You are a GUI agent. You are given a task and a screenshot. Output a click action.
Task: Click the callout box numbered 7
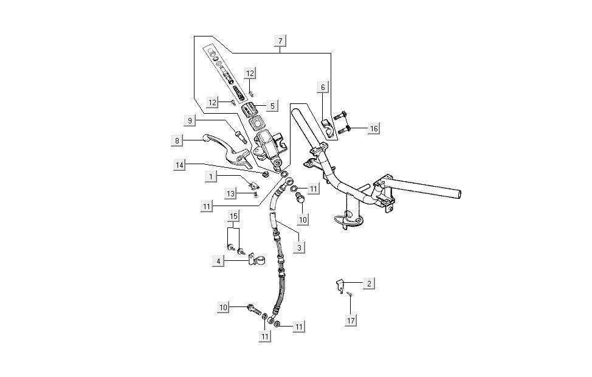pos(280,41)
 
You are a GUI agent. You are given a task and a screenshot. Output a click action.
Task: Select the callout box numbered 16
pos(373,129)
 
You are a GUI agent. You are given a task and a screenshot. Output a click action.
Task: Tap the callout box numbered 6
pos(323,88)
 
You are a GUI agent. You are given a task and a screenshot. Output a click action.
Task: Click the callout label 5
pos(272,106)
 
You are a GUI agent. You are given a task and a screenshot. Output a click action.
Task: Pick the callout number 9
pos(190,121)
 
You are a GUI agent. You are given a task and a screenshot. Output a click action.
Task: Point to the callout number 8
pos(177,140)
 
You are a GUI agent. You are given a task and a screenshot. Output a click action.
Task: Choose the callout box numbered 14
pos(179,165)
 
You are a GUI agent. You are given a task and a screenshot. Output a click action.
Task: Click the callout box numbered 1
pos(211,176)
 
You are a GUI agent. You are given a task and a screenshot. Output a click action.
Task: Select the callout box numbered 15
pos(233,216)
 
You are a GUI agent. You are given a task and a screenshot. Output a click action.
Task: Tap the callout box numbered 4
pos(217,261)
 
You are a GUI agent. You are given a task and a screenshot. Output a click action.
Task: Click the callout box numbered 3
pos(299,247)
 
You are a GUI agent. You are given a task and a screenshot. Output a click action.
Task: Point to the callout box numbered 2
pos(368,283)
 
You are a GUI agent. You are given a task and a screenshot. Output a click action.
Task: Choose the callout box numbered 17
pos(351,320)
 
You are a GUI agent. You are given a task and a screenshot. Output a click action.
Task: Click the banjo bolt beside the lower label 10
pos(253,310)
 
